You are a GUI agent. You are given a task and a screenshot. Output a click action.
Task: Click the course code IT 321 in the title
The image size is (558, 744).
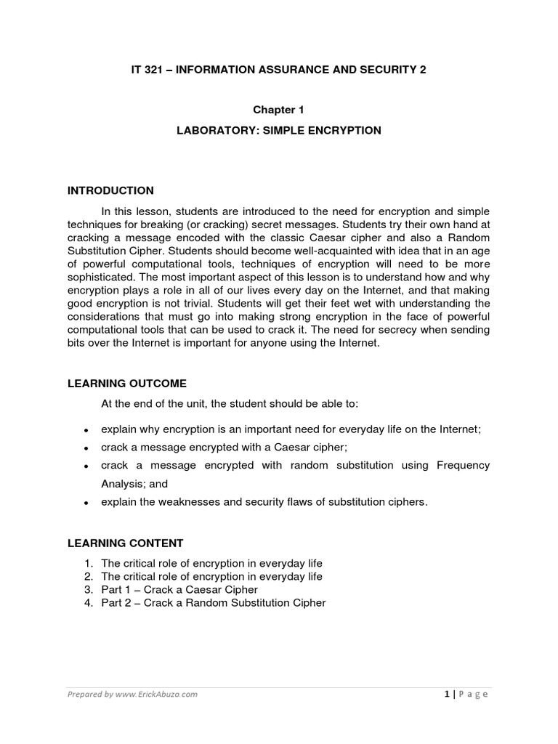[147, 70]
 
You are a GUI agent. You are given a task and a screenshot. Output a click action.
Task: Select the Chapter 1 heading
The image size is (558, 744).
[278, 110]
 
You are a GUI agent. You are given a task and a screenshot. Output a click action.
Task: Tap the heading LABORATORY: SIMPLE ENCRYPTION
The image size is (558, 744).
[278, 131]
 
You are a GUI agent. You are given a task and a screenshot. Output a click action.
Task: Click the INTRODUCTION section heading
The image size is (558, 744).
[110, 191]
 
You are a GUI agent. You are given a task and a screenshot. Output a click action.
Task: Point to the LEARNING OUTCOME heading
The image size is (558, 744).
[127, 383]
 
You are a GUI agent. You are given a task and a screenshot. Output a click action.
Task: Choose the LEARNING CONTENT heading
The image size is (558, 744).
[126, 543]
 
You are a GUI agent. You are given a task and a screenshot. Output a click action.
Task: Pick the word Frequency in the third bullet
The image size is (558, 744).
[463, 465]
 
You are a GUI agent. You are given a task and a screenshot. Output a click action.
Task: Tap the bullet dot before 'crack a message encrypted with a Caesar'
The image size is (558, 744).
[86, 448]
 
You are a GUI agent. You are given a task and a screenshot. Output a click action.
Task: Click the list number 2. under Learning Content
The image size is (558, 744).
[89, 576]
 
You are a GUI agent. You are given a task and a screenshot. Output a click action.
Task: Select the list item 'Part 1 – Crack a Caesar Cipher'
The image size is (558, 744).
[179, 589]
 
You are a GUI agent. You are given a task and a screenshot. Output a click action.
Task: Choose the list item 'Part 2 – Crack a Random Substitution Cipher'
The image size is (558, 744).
[214, 602]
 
